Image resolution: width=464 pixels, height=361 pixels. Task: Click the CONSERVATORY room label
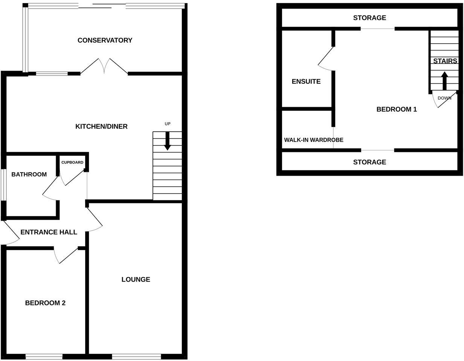tap(105, 40)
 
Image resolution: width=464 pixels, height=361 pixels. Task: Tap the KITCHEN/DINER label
tap(101, 126)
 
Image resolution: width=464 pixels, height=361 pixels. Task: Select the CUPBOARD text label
tap(72, 162)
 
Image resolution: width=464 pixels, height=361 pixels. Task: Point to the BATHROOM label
tap(29, 174)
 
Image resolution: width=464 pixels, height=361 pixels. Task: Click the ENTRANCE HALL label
tap(49, 232)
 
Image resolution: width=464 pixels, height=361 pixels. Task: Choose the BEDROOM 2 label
tap(45, 303)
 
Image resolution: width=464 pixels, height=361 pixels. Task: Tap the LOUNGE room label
tap(136, 279)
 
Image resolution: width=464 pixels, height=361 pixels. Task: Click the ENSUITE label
tap(306, 82)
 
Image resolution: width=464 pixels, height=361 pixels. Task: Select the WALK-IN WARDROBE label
tap(313, 140)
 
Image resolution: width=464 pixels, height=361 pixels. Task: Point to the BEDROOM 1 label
tap(397, 109)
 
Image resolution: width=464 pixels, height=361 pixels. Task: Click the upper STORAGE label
tap(369, 18)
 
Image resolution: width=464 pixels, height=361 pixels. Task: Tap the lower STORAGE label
tap(369, 162)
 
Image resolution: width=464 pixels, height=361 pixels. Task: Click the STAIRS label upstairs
tap(445, 61)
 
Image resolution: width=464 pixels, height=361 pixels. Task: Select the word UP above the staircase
tap(168, 124)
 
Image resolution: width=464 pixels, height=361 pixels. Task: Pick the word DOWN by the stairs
tap(444, 98)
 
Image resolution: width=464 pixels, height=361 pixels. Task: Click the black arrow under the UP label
tap(168, 141)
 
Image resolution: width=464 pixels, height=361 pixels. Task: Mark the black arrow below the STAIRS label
tap(444, 80)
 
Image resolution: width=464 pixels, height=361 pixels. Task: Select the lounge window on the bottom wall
tap(136, 356)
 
